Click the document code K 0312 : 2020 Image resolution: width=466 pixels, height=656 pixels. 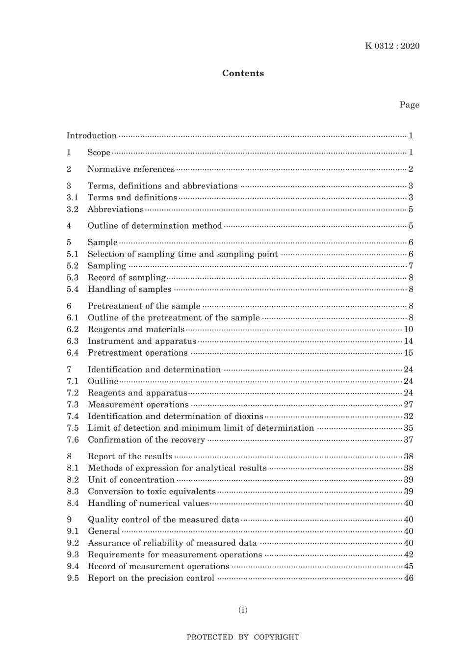(392, 46)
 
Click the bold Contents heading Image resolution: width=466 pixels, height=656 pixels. (243, 73)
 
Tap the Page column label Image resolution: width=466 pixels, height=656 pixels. (409, 105)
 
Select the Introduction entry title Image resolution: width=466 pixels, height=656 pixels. (92, 136)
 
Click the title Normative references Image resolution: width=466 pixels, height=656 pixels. (131, 169)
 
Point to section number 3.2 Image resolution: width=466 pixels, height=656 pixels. (73, 210)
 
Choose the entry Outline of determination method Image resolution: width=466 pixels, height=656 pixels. (155, 226)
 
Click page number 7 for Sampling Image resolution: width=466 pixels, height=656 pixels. (411, 266)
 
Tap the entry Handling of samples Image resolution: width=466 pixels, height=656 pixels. (129, 289)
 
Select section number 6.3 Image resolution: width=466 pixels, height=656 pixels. (73, 341)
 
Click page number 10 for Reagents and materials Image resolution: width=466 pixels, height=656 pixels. (409, 329)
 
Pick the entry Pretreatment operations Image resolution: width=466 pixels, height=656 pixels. (137, 353)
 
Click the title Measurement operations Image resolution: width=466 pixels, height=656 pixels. (138, 405)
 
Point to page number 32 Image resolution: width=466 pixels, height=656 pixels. (409, 417)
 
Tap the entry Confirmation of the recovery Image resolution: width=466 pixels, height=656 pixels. (146, 440)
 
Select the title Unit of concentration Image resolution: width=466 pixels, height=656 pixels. (131, 480)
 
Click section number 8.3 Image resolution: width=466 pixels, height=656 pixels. (73, 492)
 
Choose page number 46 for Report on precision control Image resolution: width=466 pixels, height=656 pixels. (409, 578)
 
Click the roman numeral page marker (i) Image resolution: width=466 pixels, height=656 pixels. (243, 610)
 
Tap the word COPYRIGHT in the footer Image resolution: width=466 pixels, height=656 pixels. (276, 637)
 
